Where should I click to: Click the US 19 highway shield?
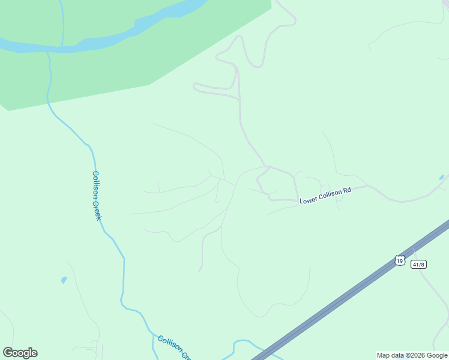(400, 260)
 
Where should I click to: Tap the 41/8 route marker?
(418, 264)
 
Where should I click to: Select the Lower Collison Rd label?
(325, 196)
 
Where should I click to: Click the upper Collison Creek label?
(96, 195)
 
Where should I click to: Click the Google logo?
(20, 353)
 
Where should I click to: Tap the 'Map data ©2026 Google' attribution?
(412, 355)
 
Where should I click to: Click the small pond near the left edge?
(64, 280)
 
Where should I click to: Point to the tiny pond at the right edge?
(441, 178)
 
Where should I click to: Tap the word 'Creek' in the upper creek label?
(97, 209)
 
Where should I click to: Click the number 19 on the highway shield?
(400, 260)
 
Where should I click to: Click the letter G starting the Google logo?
(7, 353)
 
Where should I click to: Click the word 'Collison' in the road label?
(330, 195)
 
